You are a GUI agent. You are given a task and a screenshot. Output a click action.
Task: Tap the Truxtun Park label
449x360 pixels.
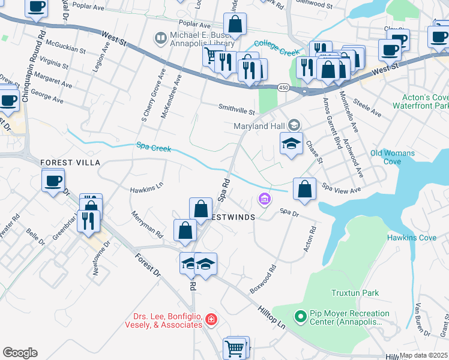pos(355,293)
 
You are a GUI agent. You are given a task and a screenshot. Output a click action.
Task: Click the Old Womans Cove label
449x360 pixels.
pos(393,157)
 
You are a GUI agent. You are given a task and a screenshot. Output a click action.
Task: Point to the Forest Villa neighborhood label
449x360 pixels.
pos(70,163)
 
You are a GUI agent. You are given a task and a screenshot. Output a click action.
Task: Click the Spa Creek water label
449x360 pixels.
pos(154,146)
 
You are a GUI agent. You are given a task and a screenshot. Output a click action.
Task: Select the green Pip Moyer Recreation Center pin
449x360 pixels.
pos(300,314)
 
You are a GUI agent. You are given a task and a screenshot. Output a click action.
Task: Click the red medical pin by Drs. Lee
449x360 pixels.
pos(210,319)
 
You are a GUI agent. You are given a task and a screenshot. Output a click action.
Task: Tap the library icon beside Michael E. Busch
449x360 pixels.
pos(160,40)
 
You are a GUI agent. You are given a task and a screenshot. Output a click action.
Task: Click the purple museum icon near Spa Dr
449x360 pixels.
pos(264,199)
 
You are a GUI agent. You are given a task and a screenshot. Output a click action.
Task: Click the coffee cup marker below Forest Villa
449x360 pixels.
pos(53,179)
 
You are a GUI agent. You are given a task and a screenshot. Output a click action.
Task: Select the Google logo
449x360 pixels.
pos(20,352)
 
